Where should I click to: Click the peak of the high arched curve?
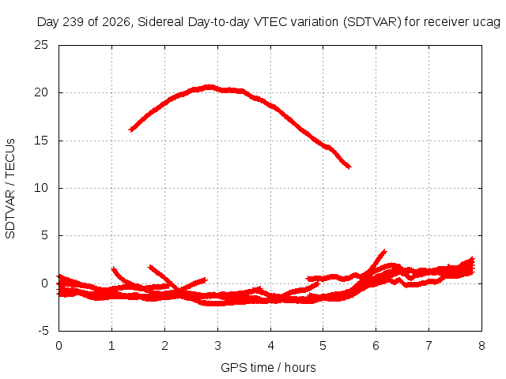point(210,87)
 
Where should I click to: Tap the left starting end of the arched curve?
point(130,130)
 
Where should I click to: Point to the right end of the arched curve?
point(350,167)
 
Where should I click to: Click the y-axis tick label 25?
point(41,45)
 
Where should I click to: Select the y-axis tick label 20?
point(41,92)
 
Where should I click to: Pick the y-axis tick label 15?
point(41,141)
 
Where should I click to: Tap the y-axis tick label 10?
point(41,188)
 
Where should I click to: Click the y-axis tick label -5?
point(43,331)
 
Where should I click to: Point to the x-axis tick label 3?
point(218,346)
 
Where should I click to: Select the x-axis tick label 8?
point(481,346)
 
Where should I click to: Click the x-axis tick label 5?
point(323,346)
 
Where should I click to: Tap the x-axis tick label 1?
point(111,346)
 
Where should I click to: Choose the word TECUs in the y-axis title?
point(10,158)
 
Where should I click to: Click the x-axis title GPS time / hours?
point(268,367)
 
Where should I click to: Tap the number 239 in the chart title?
point(74,22)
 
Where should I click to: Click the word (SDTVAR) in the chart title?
point(372,22)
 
